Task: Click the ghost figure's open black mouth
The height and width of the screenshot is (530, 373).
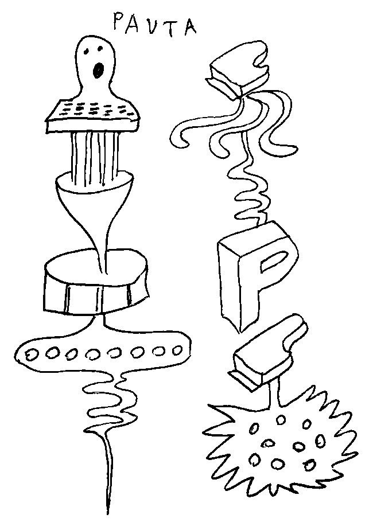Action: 98,70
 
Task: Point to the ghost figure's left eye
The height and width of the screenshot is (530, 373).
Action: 87,52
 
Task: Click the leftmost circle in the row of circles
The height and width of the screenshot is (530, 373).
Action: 33,354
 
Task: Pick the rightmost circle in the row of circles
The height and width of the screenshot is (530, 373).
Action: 177,350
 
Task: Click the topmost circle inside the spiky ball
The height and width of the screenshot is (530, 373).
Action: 280,420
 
